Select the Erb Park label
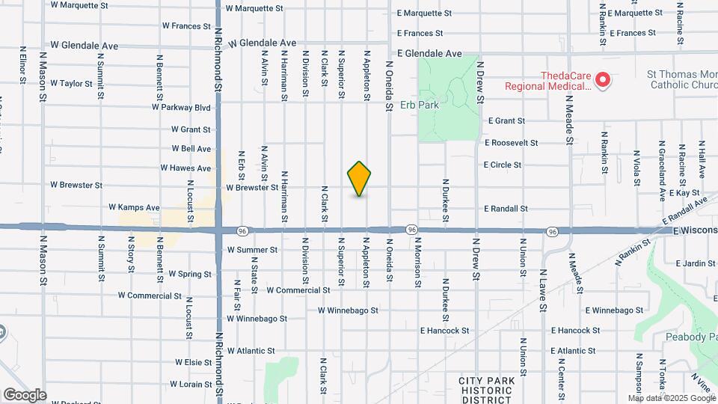[420, 105]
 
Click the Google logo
[25, 394]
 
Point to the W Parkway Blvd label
[181, 107]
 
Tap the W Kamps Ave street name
[135, 207]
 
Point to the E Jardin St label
[696, 263]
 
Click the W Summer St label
[253, 249]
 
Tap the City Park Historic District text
[486, 391]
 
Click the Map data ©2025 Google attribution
[671, 398]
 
